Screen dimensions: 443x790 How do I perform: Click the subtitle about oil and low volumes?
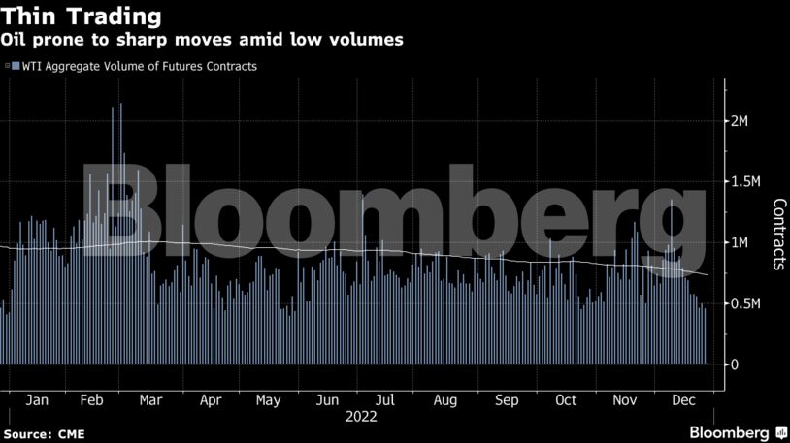202,40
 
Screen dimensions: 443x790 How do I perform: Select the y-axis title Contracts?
778,234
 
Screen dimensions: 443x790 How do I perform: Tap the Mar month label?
150,399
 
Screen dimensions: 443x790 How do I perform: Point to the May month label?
269,399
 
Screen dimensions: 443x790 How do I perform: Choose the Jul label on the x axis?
385,399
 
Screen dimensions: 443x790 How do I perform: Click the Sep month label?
506,399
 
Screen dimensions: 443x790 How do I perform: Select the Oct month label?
565,399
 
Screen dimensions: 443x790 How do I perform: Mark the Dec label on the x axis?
683,399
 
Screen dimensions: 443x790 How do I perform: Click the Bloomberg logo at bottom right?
729,430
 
